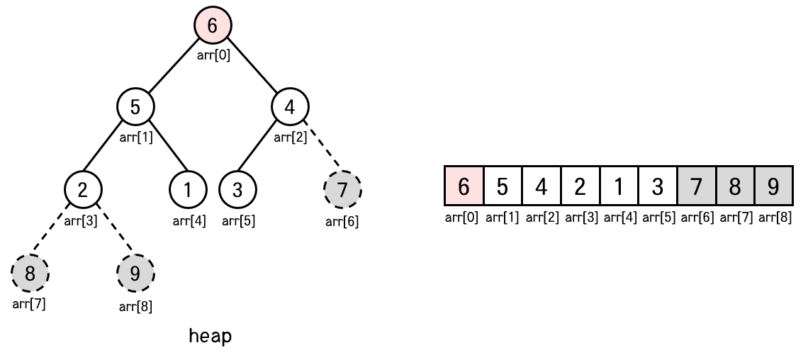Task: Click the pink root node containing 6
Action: pos(213,26)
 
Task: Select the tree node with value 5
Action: pos(135,108)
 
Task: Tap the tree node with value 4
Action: pos(290,108)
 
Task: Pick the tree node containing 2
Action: pos(83,190)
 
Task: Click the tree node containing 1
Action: pos(188,190)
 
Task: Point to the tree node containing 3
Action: pos(237,190)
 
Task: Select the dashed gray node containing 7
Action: pos(342,190)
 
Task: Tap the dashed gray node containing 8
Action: pos(30,273)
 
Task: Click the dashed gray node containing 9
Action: pos(135,273)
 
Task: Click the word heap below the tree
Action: pos(210,336)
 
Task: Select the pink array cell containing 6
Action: pos(464,187)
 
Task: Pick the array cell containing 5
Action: pos(503,187)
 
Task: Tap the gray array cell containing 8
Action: pos(735,187)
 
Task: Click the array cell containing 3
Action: pos(657,187)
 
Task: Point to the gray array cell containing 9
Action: pos(773,187)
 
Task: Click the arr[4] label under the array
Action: pos(619,217)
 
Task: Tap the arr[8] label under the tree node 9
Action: pos(135,306)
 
